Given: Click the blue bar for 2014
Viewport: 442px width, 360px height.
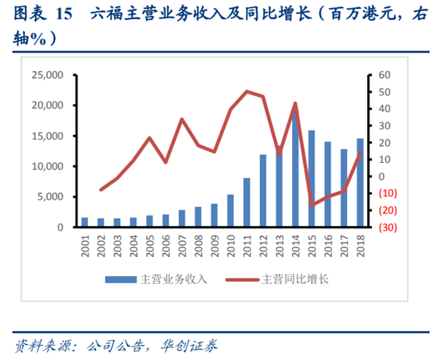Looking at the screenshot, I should coord(295,168).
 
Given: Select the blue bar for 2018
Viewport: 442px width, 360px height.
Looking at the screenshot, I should coord(360,183).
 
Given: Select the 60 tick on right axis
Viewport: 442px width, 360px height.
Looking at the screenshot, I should coord(383,75).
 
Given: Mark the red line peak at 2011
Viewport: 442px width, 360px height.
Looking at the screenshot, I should coord(247,92).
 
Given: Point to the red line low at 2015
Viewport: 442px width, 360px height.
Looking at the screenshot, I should coord(311,204).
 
